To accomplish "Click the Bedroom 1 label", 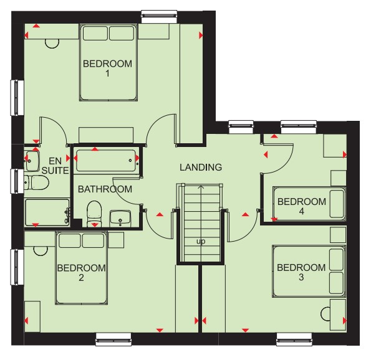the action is pyautogui.click(x=107, y=69).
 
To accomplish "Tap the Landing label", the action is pyautogui.click(x=201, y=168).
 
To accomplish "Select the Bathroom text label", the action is pyautogui.click(x=105, y=189).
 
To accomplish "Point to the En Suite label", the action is pyautogui.click(x=55, y=166).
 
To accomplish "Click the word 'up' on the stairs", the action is pyautogui.click(x=201, y=242).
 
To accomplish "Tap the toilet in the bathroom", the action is pyautogui.click(x=94, y=214).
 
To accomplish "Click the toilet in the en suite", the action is pyautogui.click(x=36, y=182).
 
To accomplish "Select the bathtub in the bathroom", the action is pyautogui.click(x=106, y=161).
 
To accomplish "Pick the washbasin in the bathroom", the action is pyautogui.click(x=120, y=218).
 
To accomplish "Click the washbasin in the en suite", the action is pyautogui.click(x=32, y=161).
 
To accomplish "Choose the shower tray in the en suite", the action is pyautogui.click(x=47, y=213).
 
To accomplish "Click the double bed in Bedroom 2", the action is pyautogui.click(x=82, y=268).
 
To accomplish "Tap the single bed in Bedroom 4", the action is pyautogui.click(x=309, y=204).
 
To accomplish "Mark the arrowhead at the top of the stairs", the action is pyautogui.click(x=201, y=187).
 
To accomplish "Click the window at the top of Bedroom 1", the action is pyautogui.click(x=159, y=16).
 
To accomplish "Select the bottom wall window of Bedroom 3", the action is pyautogui.click(x=294, y=339).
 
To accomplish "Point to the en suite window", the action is pyautogui.click(x=17, y=181).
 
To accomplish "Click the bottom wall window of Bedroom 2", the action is pyautogui.click(x=113, y=339).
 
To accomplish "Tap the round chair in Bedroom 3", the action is pyautogui.click(x=325, y=314).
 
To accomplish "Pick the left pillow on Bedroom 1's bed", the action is pyautogui.click(x=95, y=33).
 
